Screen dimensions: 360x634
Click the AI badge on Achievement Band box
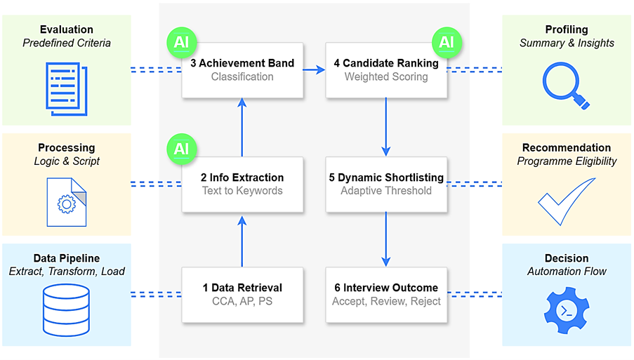coord(182,42)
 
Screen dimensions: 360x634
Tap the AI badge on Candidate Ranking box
coord(447,42)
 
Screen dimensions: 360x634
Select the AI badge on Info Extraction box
coord(182,149)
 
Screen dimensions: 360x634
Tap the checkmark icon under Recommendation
coord(566,201)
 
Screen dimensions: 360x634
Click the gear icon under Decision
coord(566,309)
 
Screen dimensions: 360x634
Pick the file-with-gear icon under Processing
coord(66,202)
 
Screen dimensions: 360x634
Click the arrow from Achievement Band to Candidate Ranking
coord(314,70)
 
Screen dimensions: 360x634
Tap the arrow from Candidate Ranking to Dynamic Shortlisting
coord(386,127)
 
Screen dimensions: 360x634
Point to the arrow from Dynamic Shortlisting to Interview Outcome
coord(386,239)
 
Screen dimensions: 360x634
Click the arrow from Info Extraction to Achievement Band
coord(242,127)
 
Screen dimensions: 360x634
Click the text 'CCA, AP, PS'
coord(242,301)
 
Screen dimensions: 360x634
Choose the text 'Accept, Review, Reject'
coord(386,301)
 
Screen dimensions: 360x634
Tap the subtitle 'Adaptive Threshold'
coord(386,190)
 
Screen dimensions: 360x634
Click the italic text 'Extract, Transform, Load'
coord(66,272)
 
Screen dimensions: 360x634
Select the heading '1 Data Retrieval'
coord(242,288)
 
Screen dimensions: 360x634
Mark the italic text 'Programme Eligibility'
coord(567,161)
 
